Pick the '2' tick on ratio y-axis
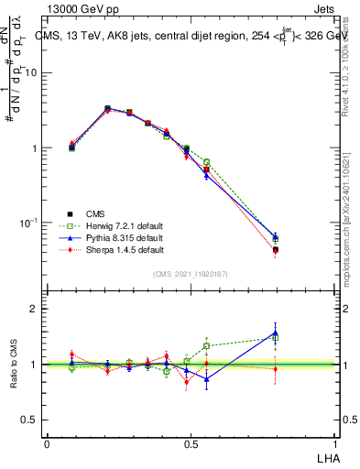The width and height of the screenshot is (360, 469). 37,309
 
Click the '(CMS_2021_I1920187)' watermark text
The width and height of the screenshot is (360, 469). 191,273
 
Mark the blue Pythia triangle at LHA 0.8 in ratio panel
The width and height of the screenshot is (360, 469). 276,333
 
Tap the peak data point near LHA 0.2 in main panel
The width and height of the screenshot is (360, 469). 107,108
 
